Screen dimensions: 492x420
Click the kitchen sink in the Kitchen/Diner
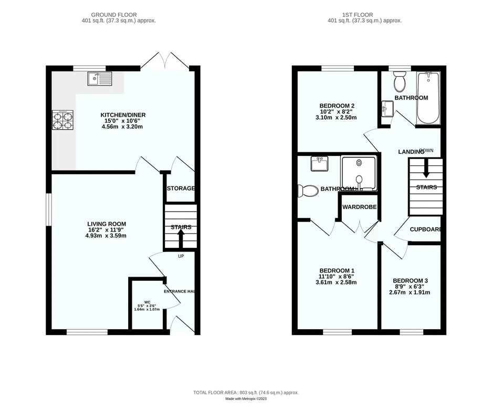[100, 78]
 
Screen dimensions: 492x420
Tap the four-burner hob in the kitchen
[63, 120]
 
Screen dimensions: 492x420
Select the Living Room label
[107, 224]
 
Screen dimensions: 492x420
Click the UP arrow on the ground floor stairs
[181, 239]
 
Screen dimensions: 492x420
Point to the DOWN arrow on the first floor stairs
[426, 168]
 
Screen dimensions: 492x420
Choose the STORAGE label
[181, 188]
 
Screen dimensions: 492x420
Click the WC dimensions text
[147, 308]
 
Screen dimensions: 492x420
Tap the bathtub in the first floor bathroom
[428, 98]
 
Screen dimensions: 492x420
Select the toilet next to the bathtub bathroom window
[400, 81]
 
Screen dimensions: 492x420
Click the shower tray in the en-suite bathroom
[359, 173]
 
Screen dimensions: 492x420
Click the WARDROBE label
[359, 207]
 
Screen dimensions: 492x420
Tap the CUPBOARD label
[425, 229]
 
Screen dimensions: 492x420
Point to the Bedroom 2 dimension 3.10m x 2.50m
[336, 118]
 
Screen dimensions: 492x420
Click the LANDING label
[411, 152]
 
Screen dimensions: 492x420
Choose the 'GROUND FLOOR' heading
[114, 15]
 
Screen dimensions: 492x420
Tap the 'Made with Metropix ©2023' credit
[246, 398]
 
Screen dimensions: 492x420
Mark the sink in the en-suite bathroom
[319, 163]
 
